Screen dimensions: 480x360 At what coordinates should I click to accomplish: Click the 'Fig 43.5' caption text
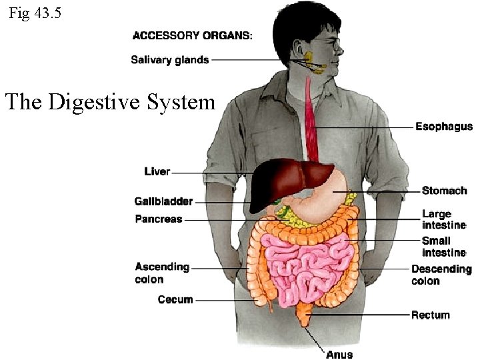click(x=35, y=13)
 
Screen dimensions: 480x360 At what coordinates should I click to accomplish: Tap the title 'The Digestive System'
click(x=110, y=102)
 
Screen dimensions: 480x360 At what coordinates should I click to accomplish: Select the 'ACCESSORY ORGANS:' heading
click(x=193, y=35)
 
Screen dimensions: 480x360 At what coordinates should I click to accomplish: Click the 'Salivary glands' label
click(x=170, y=60)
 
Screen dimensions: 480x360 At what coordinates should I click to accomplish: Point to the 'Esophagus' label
click(x=444, y=127)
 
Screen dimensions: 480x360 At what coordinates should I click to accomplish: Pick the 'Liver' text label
click(x=157, y=172)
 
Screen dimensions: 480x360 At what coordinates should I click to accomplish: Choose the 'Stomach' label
click(x=444, y=191)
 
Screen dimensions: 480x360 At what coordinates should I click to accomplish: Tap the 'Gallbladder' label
click(x=163, y=201)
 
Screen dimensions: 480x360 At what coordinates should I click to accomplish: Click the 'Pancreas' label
click(x=159, y=219)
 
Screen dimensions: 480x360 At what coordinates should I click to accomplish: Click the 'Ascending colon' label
click(x=162, y=273)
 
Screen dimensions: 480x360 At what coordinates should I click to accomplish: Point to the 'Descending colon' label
click(x=441, y=275)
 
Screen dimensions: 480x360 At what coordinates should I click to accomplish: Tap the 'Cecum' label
click(x=175, y=300)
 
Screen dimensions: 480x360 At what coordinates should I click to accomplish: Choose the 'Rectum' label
click(x=431, y=315)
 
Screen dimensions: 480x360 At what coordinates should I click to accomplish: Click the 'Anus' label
click(x=339, y=354)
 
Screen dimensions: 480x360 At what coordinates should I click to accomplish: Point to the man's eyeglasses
click(x=331, y=45)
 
